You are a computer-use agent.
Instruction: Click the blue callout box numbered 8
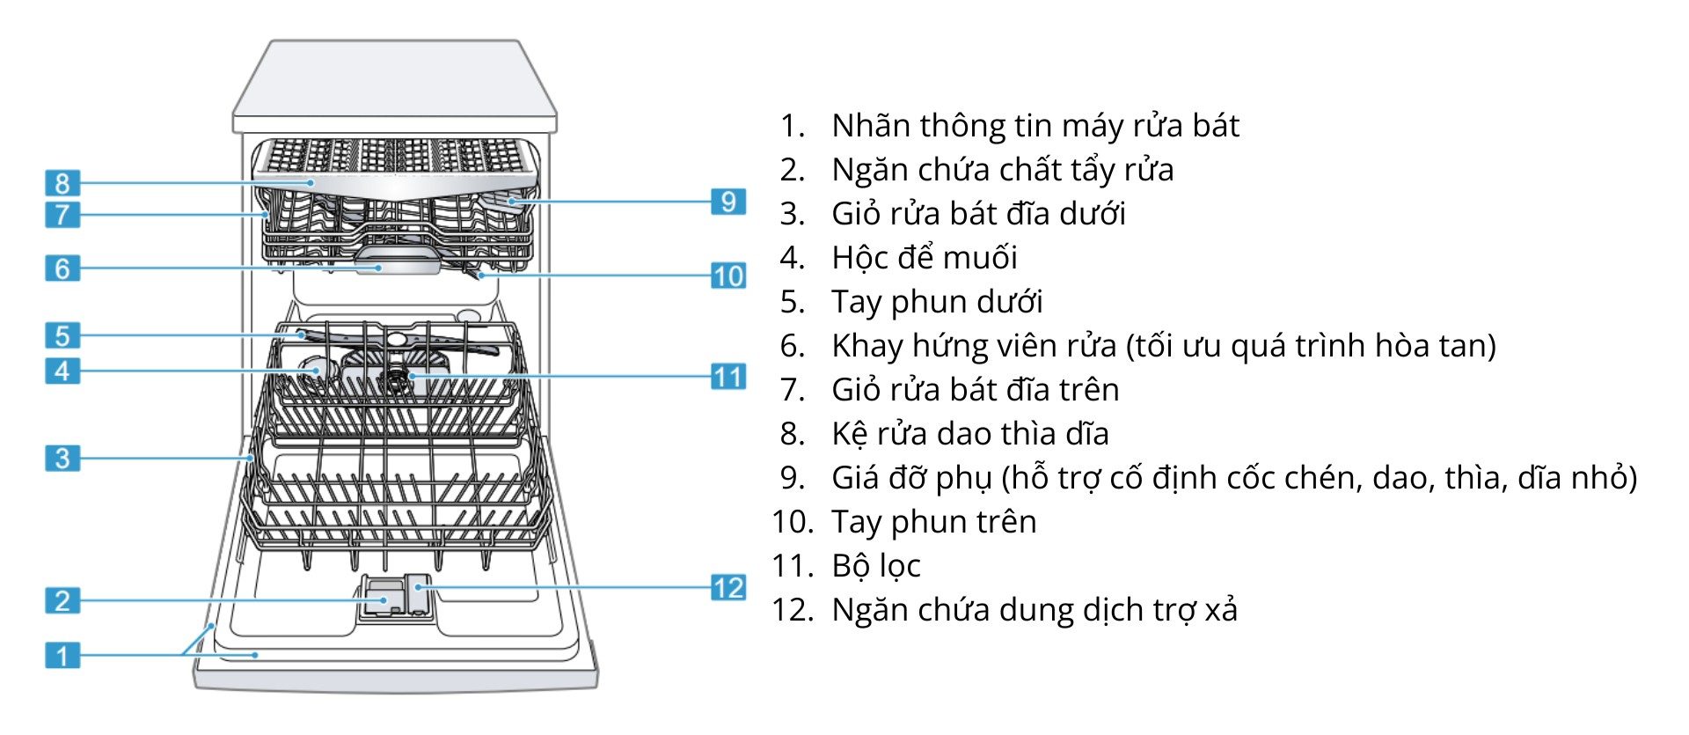(62, 183)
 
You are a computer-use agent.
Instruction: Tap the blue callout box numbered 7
(62, 214)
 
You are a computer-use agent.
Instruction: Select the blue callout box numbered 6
(62, 268)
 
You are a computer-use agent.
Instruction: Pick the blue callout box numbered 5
(62, 335)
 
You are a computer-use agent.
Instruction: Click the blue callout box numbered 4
(62, 371)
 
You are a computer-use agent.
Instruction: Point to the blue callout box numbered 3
(62, 458)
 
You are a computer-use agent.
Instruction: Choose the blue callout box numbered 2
(62, 601)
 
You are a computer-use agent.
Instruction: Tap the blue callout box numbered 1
(62, 655)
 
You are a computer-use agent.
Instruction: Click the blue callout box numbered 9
(728, 202)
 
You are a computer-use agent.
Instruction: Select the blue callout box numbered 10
(728, 276)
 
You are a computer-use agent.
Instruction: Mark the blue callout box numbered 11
(728, 377)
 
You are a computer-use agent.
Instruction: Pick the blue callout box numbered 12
(728, 587)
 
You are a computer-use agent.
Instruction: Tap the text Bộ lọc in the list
(875, 566)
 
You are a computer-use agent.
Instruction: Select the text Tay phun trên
(933, 522)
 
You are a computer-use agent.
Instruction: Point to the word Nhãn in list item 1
(871, 126)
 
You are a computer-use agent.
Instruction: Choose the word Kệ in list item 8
(848, 434)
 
